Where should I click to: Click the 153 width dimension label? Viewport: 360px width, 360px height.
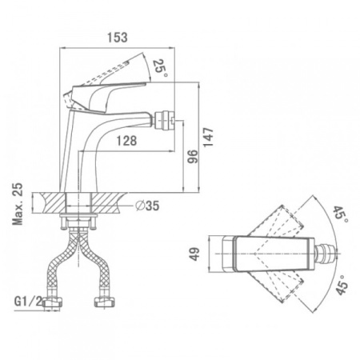point(118,38)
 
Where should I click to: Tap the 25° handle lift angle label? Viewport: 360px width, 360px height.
point(160,68)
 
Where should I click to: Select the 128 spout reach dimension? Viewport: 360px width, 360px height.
point(126,141)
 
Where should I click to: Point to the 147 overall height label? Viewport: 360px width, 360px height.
point(208,137)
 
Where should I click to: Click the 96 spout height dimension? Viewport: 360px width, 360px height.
point(193,157)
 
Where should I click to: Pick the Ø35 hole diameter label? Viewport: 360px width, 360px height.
point(147,206)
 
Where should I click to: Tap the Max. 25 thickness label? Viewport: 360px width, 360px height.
point(18,204)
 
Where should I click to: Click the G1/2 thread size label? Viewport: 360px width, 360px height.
point(28,302)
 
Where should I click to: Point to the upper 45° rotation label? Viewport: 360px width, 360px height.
point(340,214)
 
